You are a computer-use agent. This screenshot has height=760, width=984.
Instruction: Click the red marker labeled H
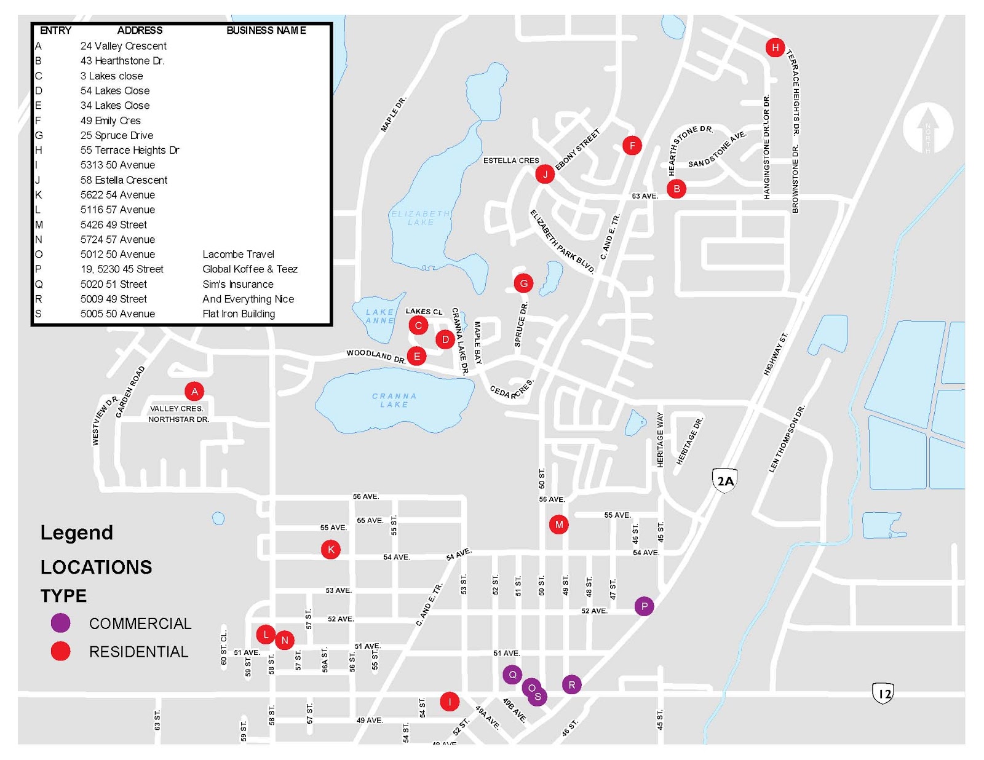[x=775, y=47]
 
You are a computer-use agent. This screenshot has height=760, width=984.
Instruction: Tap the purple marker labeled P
[x=644, y=606]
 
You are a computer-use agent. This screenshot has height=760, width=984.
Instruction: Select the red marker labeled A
[x=194, y=391]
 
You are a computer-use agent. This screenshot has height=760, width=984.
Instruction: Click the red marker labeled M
[x=558, y=524]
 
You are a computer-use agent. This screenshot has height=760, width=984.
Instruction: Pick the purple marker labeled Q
[x=512, y=675]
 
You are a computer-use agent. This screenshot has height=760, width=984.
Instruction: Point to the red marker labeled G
[x=523, y=283]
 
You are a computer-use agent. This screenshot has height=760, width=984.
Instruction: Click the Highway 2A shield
[x=725, y=481]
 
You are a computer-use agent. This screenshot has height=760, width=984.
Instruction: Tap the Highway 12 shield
[x=883, y=694]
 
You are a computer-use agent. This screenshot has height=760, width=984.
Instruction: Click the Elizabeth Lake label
[x=421, y=218]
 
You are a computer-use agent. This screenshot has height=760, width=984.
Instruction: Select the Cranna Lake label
[x=394, y=400]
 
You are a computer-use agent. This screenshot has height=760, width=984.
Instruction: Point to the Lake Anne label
[x=380, y=316]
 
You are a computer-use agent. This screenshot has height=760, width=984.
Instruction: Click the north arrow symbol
[x=927, y=129]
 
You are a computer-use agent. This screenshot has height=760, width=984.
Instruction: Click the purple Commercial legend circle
[x=61, y=623]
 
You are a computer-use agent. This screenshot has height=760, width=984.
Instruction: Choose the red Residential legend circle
[x=61, y=651]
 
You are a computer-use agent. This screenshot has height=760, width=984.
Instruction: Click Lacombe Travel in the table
[x=238, y=254]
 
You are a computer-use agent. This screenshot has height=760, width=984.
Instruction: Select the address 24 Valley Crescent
[x=123, y=46]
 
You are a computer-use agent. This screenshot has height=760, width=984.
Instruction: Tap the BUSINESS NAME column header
[x=266, y=30]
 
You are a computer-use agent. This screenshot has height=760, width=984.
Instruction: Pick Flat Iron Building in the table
[x=239, y=314]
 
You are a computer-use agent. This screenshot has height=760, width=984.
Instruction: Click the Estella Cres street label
[x=510, y=160]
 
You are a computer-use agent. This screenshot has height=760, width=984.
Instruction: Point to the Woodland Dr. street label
[x=376, y=356]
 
